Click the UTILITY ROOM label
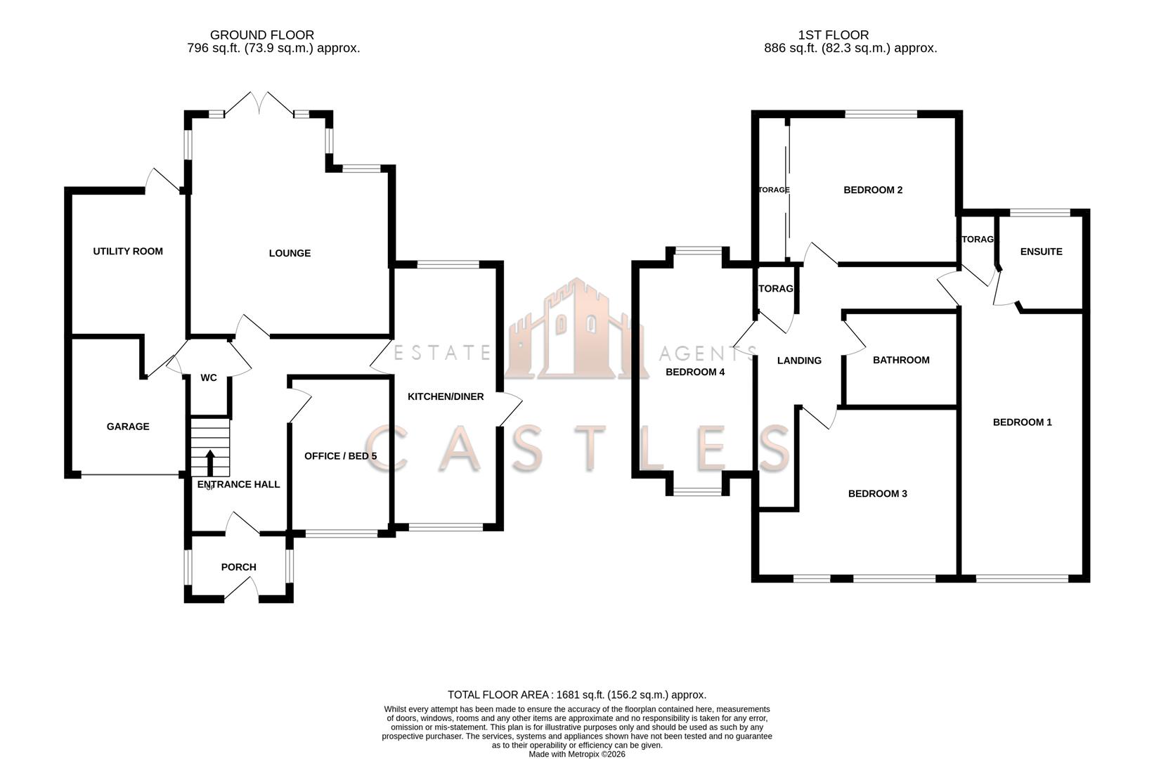tap(128, 251)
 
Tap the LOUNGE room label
tap(290, 253)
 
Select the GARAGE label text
tap(128, 426)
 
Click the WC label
tap(209, 377)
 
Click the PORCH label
tap(239, 566)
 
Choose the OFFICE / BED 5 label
tap(340, 456)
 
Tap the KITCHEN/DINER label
tap(446, 396)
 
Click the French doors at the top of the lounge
tap(260, 104)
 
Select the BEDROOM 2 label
tap(873, 190)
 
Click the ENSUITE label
tap(1041, 252)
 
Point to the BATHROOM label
tap(901, 360)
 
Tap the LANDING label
tap(799, 361)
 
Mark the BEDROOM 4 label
tap(695, 372)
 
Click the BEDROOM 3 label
tap(877, 493)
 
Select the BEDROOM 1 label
tap(1022, 422)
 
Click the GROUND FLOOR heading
tap(261, 34)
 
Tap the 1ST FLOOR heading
tap(833, 34)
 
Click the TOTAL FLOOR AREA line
tap(576, 694)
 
